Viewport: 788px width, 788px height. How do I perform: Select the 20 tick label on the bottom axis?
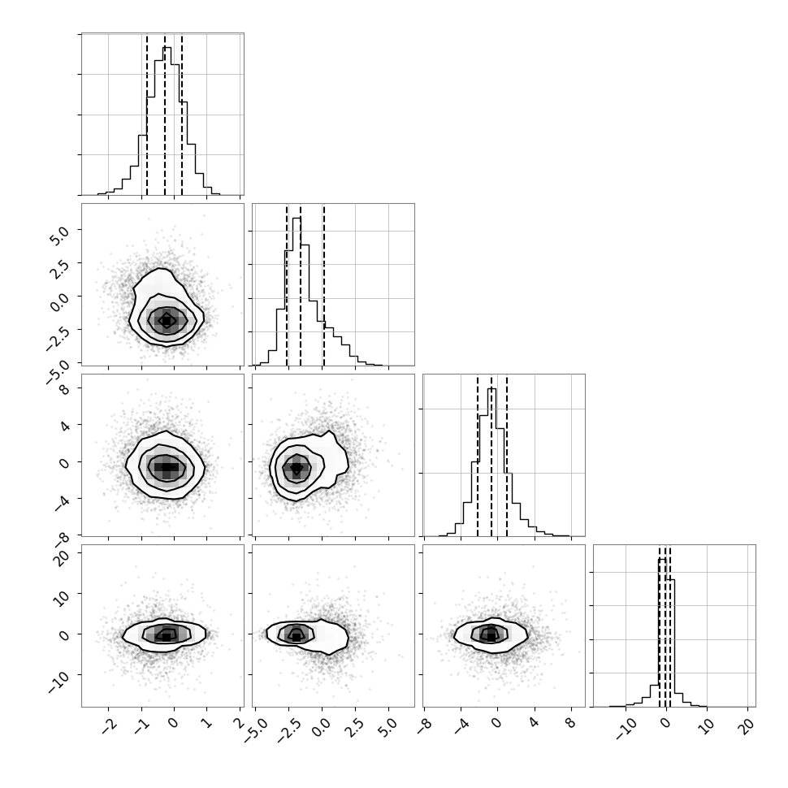(748, 726)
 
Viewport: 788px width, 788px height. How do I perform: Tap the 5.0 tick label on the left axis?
(60, 234)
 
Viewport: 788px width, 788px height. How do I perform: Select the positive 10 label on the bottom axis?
(707, 726)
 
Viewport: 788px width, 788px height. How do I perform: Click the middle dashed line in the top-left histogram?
(165, 115)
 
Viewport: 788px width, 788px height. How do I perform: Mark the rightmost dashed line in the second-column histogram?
(324, 285)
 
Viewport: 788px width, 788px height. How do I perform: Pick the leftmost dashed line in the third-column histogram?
(478, 456)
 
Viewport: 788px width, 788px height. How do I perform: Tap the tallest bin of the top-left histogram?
(167, 121)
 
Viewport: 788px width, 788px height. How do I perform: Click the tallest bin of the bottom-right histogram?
(663, 632)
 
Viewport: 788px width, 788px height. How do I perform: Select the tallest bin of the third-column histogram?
(492, 462)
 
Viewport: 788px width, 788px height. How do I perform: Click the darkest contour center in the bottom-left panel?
(167, 636)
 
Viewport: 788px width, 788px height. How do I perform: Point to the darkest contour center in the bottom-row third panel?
(491, 636)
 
